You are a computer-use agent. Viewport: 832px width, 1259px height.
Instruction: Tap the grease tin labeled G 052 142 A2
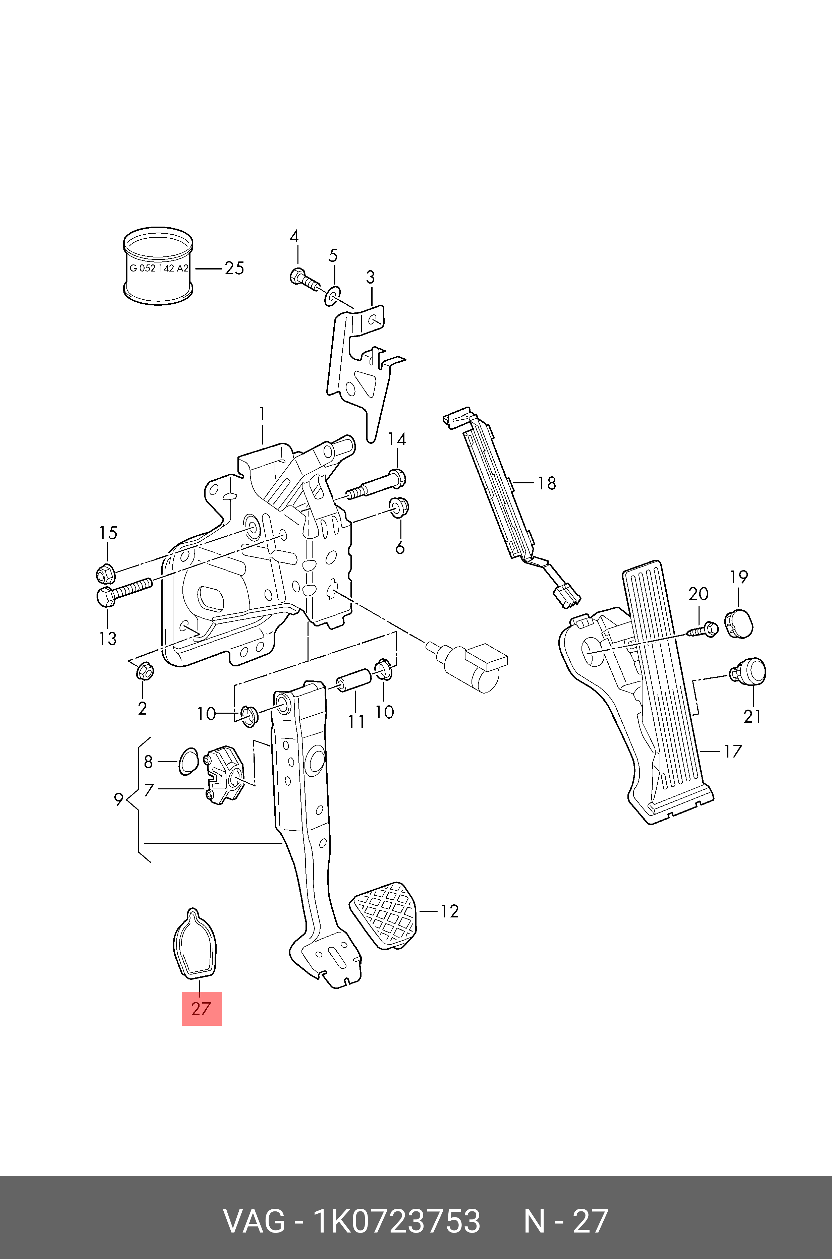point(158,268)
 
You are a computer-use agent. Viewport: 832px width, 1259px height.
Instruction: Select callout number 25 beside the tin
point(234,268)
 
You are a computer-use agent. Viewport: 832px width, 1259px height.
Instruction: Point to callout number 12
point(449,911)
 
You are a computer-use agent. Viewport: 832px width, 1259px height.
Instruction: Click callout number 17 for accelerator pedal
point(732,752)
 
